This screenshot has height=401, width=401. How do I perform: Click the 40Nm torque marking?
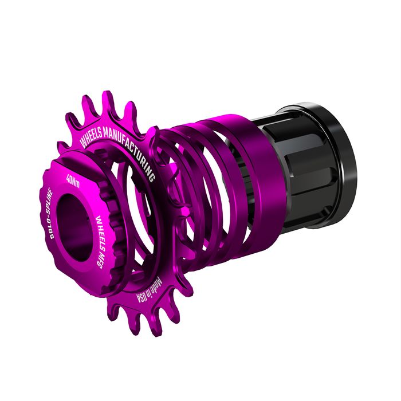[x=73, y=180]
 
